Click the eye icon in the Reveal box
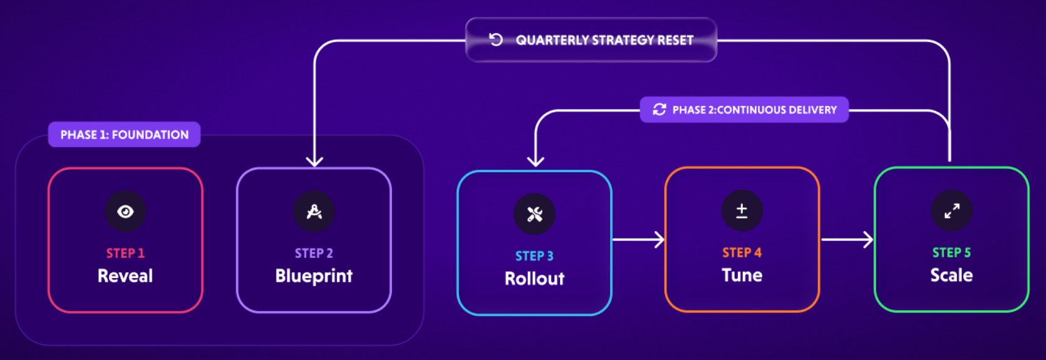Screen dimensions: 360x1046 coord(125,212)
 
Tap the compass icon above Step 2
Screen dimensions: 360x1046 coord(314,212)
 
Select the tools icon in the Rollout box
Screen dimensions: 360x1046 coord(534,214)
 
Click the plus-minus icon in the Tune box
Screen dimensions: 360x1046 coord(742,211)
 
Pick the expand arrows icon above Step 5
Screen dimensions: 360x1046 coord(951,211)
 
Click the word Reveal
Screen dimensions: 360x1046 coord(125,276)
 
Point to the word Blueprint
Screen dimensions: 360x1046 coord(314,276)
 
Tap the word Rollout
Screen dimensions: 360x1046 coord(534,279)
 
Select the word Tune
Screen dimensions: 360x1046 coord(742,275)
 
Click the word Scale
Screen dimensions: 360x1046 coord(951,275)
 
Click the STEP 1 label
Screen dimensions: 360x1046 coord(125,254)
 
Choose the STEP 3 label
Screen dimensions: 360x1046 coord(534,256)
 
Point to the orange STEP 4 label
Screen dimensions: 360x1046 coord(742,253)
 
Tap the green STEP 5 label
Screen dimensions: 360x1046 coord(951,253)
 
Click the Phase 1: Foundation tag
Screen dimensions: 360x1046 coord(124,135)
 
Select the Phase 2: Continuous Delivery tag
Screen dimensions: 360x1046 coord(744,110)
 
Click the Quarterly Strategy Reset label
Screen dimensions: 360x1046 coord(604,41)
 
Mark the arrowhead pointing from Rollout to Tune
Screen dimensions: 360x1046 coord(660,239)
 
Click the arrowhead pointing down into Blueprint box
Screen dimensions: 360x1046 coord(314,162)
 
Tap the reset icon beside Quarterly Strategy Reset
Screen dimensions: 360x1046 coord(495,40)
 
